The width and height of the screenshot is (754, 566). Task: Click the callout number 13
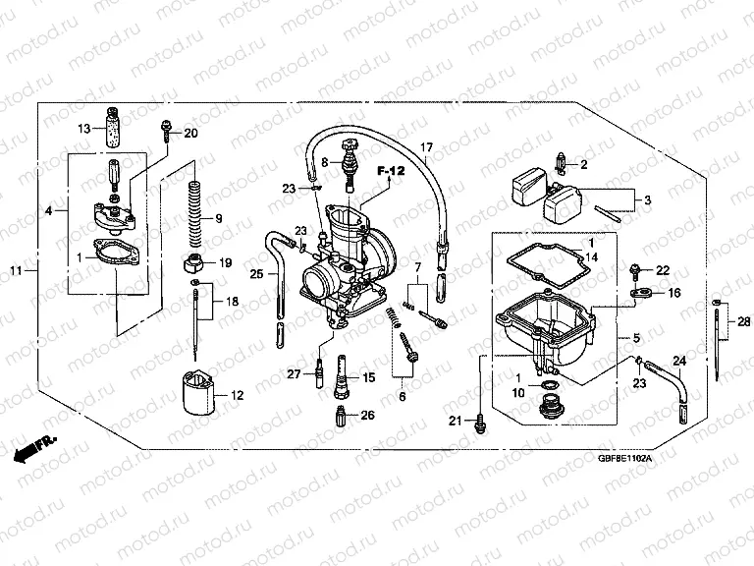coord(84,129)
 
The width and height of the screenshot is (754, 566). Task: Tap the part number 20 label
coord(190,133)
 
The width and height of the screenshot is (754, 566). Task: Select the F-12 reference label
coord(392,171)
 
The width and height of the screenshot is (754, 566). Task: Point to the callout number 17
coord(426,147)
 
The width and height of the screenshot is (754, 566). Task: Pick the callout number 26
coord(367,416)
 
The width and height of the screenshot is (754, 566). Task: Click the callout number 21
coord(454,422)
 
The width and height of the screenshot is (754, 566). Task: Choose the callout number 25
coord(256,274)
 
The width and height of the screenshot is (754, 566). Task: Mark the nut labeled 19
coord(194,263)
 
